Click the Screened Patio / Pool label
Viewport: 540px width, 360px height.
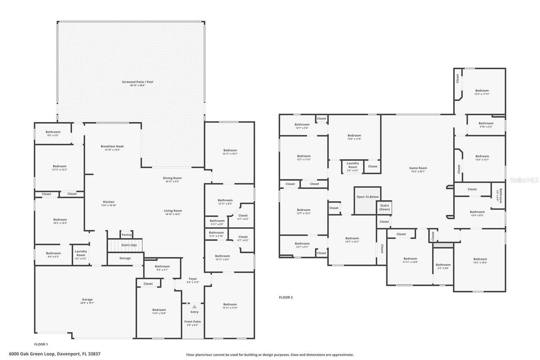tap(138, 82)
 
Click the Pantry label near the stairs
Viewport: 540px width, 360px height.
tap(127, 235)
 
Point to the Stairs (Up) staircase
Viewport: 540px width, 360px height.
tap(126, 245)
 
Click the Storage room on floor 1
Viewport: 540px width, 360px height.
tap(125, 258)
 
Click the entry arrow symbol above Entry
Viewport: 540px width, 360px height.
tap(194, 307)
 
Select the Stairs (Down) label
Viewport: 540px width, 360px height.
tap(384, 208)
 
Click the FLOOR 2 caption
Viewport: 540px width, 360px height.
tap(286, 297)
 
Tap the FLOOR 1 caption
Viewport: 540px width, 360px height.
tap(41, 344)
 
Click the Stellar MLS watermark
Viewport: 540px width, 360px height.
tap(524, 179)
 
